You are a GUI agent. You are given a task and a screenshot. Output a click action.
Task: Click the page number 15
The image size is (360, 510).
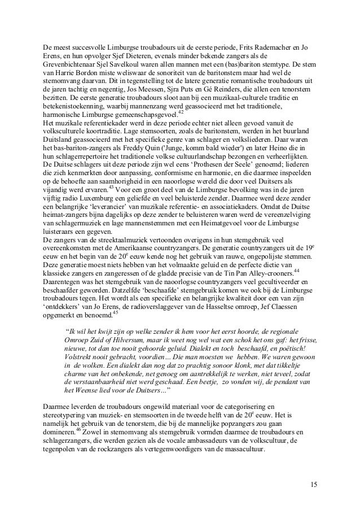click(313, 485)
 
